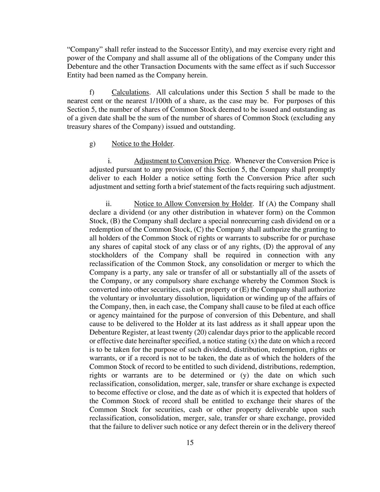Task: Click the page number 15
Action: click(x=190, y=442)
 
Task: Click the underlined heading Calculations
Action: click(x=130, y=92)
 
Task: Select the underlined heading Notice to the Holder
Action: click(x=142, y=144)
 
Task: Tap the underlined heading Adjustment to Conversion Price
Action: click(x=182, y=161)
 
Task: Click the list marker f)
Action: click(x=92, y=92)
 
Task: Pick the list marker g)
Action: click(x=92, y=144)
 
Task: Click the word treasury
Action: click(x=79, y=127)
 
